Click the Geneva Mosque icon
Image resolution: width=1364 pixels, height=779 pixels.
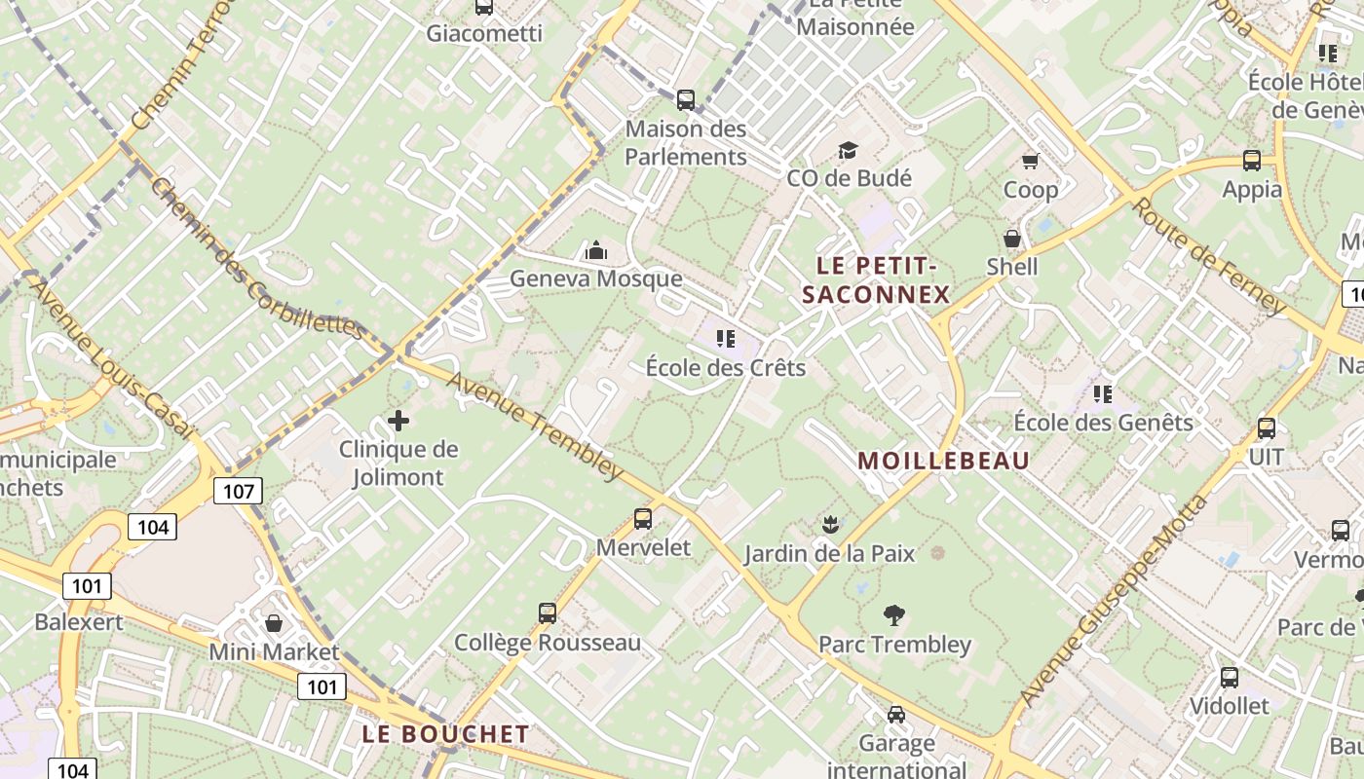[596, 251]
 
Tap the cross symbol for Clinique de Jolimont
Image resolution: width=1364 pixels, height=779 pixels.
[398, 421]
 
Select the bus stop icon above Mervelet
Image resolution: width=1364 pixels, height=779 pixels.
[643, 519]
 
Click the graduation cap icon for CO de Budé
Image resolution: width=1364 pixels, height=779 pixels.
[848, 150]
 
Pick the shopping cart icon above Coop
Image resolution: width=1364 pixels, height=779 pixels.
[1030, 161]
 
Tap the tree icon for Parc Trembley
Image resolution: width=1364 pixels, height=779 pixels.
[893, 614]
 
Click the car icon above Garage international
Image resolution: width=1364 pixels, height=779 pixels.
[896, 715]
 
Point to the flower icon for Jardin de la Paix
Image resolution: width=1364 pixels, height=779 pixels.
[829, 525]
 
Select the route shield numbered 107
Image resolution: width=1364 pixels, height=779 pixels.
[239, 490]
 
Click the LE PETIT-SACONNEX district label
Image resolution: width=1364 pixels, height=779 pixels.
[875, 279]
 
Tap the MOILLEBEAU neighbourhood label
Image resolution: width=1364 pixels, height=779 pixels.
[943, 461]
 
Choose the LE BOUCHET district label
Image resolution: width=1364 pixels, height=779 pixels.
[445, 734]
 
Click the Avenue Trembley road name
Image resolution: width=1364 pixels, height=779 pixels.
[535, 426]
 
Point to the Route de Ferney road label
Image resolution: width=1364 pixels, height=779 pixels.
[1210, 256]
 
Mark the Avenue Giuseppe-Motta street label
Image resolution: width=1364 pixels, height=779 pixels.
[1115, 602]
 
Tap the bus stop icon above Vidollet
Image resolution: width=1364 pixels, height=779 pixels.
[1230, 677]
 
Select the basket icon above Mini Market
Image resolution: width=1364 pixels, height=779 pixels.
[274, 622]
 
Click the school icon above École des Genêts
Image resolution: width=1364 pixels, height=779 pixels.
[1103, 393]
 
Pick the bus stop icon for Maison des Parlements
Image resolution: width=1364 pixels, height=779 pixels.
[686, 99]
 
